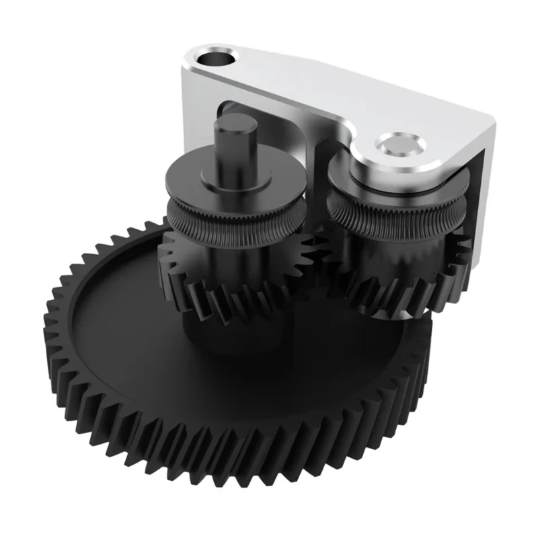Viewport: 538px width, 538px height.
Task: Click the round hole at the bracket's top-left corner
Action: coord(217,56)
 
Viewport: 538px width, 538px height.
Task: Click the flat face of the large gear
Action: coord(134,330)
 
